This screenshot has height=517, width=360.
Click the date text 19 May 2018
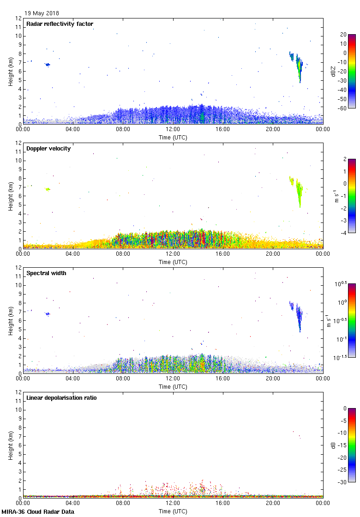coord(42,13)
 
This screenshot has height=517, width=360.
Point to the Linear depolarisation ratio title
coord(61,397)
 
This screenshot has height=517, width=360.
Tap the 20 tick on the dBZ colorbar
coord(343,35)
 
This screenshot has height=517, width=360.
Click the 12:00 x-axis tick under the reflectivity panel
coord(173,129)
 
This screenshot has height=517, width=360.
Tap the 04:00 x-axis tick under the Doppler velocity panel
coord(73,254)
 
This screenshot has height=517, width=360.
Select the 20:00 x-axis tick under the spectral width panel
coord(273,379)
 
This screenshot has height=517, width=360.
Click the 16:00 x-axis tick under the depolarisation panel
coord(223,503)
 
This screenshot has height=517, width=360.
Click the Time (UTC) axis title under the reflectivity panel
coord(173,137)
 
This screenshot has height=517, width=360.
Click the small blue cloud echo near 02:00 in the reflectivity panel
coord(48,65)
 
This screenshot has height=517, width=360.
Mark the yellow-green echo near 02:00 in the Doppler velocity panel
coord(48,189)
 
